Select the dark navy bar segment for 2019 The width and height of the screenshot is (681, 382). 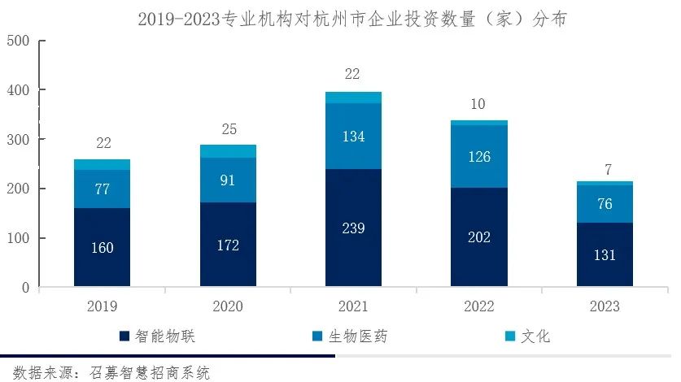(102, 247)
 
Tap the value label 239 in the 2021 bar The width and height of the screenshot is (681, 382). (353, 228)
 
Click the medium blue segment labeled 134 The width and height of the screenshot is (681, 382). (353, 136)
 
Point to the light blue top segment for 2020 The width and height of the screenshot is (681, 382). (228, 151)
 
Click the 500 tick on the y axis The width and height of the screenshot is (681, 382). (17, 41)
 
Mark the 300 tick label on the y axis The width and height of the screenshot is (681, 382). (17, 140)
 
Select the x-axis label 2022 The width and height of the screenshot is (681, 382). (479, 306)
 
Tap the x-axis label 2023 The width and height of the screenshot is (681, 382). (605, 306)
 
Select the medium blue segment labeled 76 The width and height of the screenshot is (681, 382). (605, 204)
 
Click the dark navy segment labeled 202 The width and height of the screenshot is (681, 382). (479, 237)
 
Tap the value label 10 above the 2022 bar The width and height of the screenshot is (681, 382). (479, 106)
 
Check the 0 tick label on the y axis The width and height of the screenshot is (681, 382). (25, 288)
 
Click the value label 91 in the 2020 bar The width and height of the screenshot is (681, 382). (228, 180)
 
